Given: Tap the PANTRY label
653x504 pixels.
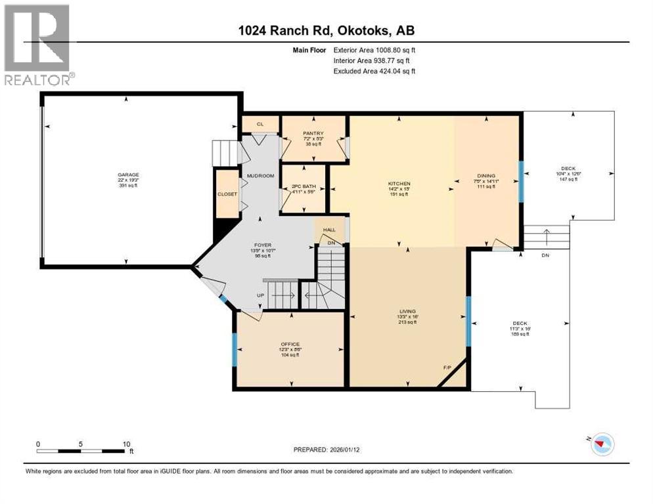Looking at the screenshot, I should (312, 133).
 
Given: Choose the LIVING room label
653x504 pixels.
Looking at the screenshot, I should (408, 311).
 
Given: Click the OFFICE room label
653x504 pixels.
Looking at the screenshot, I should (290, 345).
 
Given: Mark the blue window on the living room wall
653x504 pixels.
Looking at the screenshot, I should (468, 321).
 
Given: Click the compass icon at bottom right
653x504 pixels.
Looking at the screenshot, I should (600, 445).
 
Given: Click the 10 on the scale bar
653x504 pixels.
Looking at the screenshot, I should (126, 444).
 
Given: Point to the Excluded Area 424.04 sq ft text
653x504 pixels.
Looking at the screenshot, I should (374, 72).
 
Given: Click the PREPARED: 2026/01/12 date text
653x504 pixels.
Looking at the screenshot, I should (330, 450).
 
